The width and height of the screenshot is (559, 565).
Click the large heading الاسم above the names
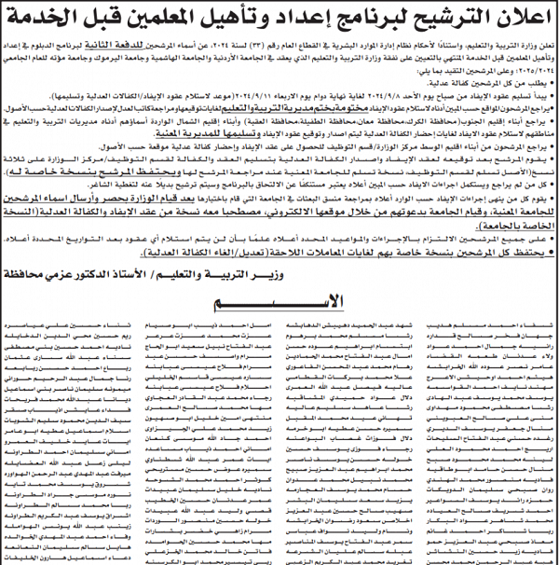(x=279, y=304)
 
